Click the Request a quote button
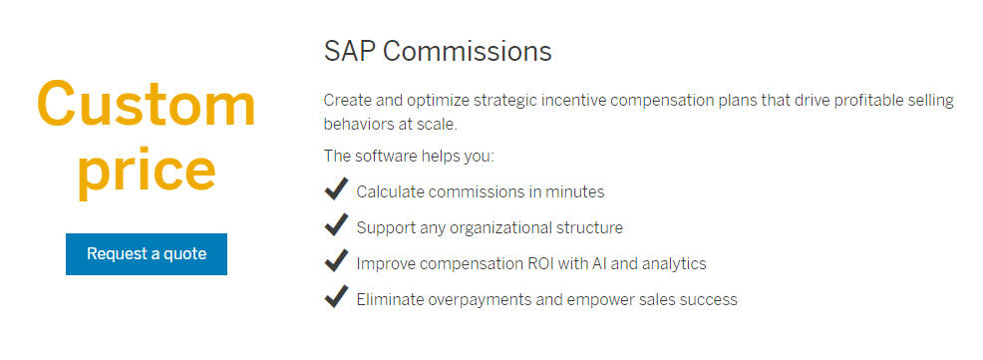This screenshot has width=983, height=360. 147,254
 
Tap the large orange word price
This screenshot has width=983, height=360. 147,170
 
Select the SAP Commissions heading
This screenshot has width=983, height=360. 438,51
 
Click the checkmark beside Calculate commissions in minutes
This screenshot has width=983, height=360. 336,189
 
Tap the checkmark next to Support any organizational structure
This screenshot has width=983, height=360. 336,225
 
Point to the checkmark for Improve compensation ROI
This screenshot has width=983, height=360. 336,261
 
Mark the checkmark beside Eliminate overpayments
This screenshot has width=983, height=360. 336,297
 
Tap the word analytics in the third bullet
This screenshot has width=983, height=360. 672,263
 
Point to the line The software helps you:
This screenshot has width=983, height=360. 409,157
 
